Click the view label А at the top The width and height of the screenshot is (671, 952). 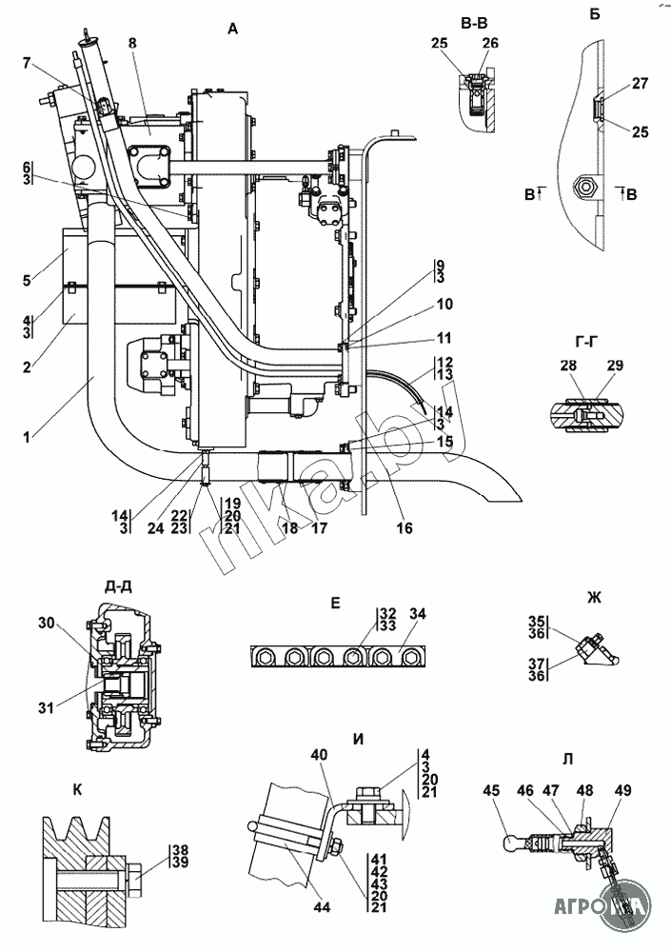[x=233, y=29]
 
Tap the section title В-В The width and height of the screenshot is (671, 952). [x=474, y=24]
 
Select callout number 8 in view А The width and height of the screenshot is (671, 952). [x=133, y=43]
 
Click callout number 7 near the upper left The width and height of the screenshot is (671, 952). [x=26, y=63]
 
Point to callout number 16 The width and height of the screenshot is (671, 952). [x=405, y=528]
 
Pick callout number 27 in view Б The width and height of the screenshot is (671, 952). [x=640, y=84]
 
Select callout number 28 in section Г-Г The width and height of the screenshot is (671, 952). [x=568, y=366]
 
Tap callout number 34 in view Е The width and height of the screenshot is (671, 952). [x=417, y=614]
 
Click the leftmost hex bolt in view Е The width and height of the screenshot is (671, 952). [x=266, y=657]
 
